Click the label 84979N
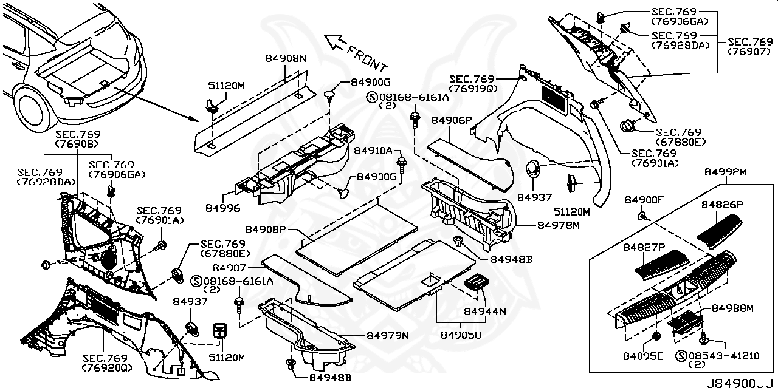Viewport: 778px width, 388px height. [x=387, y=336]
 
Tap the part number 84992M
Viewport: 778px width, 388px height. [x=725, y=172]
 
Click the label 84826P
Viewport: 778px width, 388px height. [x=721, y=205]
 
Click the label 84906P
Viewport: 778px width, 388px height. [x=452, y=120]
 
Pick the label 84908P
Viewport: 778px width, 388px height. [x=266, y=230]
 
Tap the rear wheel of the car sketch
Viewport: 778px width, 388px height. [x=29, y=108]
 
